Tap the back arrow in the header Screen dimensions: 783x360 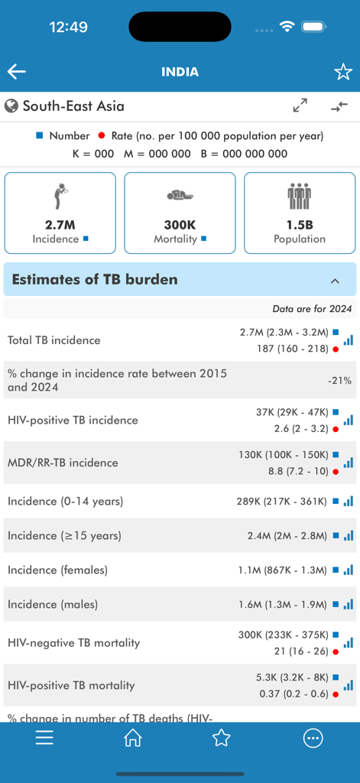pos(17,72)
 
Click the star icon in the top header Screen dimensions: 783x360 pos(342,72)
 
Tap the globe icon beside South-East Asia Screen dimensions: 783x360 pos(11,106)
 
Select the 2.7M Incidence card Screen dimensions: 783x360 pos(60,213)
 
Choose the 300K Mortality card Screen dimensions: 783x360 pos(180,213)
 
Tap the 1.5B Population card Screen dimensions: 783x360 pos(300,213)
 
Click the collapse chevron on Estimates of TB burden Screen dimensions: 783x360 pos(335,281)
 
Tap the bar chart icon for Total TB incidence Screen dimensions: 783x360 pos(349,340)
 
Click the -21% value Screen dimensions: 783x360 pos(339,381)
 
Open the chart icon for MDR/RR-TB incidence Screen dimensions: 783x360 pos(349,463)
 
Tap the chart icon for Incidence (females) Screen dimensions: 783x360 pos(349,570)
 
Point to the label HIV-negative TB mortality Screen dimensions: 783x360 pos(73,643)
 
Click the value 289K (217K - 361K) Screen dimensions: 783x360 pos(282,502)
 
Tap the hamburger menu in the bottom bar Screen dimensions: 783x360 pos(44,738)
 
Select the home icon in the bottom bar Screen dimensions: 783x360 pos(133,738)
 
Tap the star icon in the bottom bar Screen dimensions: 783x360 pos(222,738)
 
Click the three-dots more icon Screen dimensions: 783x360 pos(313,738)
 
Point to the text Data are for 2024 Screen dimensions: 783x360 pos(312,309)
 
